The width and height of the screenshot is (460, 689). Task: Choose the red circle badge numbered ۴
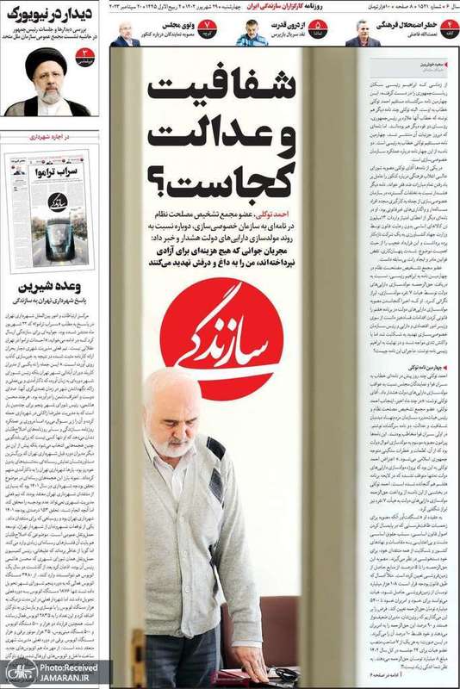tap(435, 32)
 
